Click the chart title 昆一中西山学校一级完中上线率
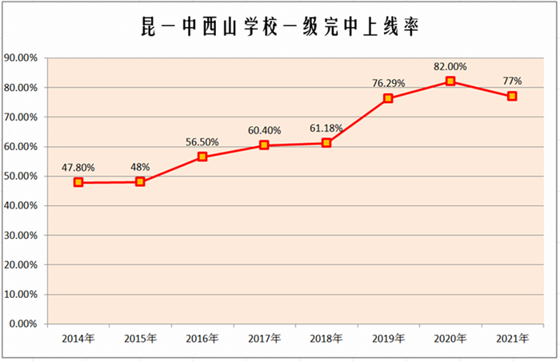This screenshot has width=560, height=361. [279, 27]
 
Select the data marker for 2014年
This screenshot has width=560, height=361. [78, 182]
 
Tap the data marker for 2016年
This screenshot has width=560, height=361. [202, 157]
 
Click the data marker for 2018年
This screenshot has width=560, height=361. [326, 143]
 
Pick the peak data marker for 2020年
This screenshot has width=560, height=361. [450, 81]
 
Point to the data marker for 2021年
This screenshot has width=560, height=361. [512, 96]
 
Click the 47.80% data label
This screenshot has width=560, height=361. [78, 168]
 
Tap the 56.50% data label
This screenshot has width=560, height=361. [202, 141]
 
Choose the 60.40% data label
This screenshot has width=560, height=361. [264, 129]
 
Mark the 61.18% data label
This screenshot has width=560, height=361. [326, 128]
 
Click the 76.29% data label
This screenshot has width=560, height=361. [388, 83]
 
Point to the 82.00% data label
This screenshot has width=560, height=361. [450, 66]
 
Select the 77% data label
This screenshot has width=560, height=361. [512, 81]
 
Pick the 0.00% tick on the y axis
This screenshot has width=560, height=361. [23, 324]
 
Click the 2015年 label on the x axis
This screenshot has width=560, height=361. [140, 339]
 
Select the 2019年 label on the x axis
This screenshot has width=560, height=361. [388, 339]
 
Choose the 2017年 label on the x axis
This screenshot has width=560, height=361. [264, 339]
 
